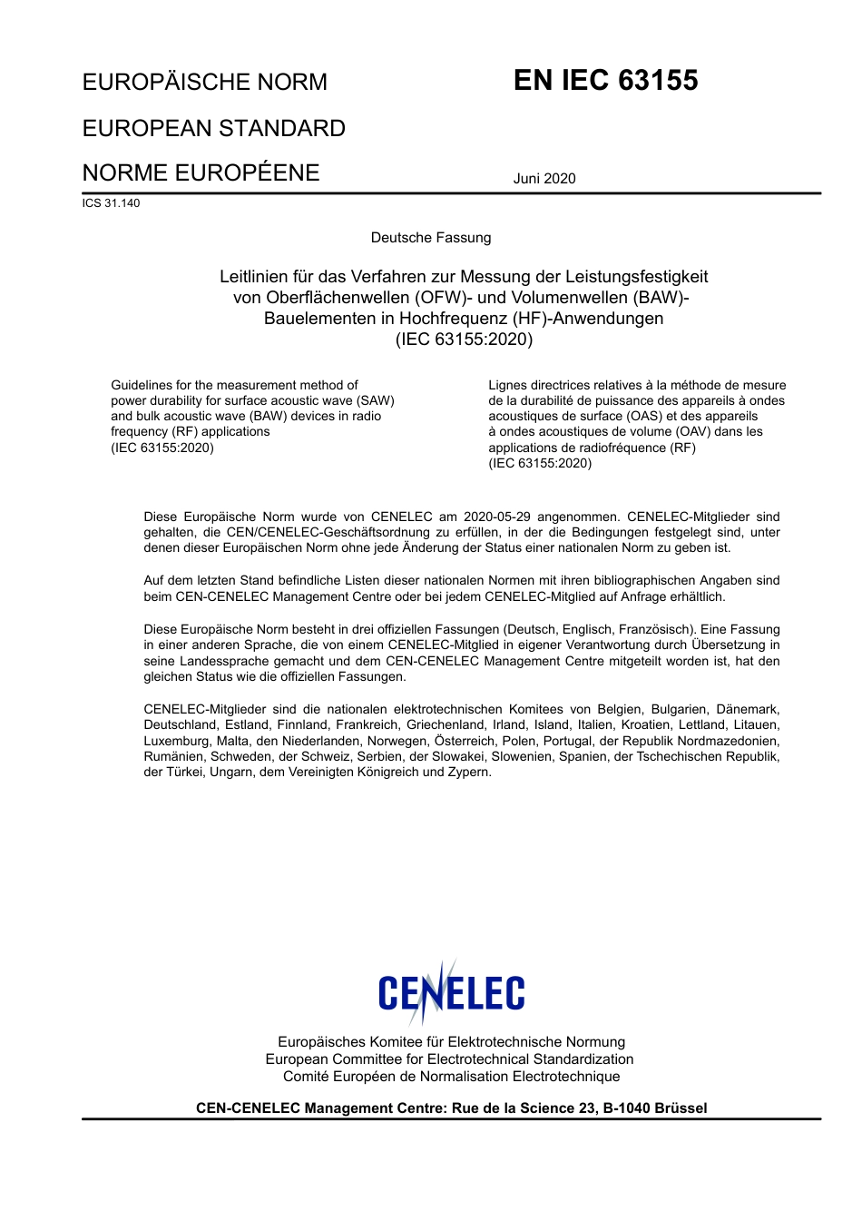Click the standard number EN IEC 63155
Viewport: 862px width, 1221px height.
tap(605, 81)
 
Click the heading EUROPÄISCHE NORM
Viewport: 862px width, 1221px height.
tap(205, 83)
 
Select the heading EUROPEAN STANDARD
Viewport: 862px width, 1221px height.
tap(213, 128)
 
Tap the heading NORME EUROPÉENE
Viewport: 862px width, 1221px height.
tap(201, 172)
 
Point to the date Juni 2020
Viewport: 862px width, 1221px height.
tap(544, 179)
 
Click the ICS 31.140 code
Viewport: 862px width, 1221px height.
tap(111, 203)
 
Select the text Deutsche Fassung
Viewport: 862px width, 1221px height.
tap(431, 238)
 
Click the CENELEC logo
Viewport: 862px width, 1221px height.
tap(451, 993)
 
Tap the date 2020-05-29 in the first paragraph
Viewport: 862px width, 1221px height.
tap(496, 517)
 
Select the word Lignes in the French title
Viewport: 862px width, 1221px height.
tap(508, 385)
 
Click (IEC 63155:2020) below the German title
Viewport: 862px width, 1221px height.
tap(464, 340)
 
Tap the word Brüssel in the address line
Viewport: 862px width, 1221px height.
tap(681, 1108)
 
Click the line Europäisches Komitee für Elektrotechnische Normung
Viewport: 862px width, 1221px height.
tap(451, 1042)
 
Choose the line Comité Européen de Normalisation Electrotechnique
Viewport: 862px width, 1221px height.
tap(451, 1077)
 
